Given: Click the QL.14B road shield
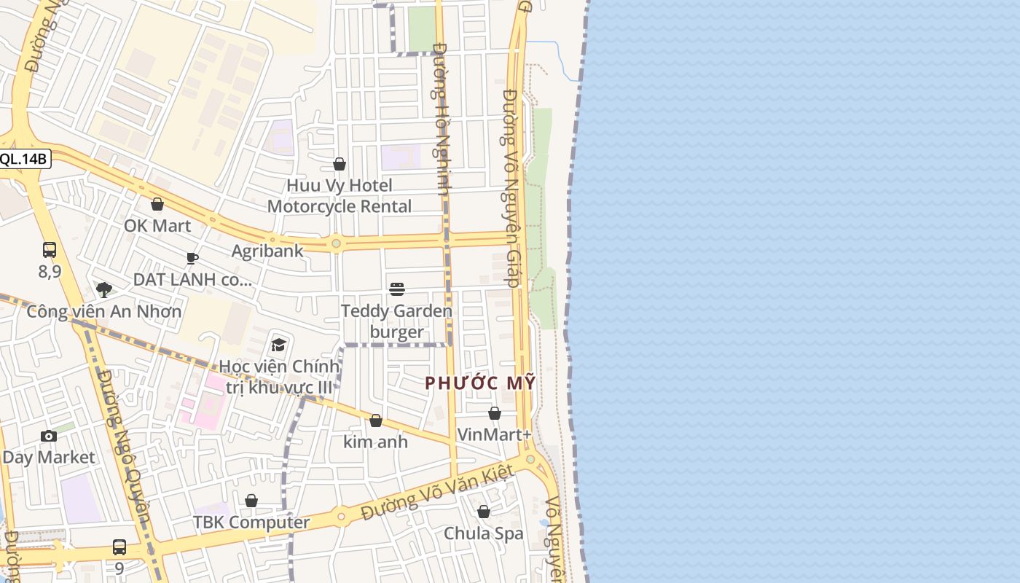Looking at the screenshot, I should pyautogui.click(x=23, y=160).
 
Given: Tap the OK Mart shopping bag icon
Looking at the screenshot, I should pyautogui.click(x=157, y=205).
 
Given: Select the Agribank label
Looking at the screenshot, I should pyautogui.click(x=267, y=251).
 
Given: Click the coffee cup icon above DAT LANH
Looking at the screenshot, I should pyautogui.click(x=192, y=258).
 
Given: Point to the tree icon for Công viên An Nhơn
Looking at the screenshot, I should pyautogui.click(x=104, y=290).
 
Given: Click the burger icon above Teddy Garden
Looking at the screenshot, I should pyautogui.click(x=397, y=289).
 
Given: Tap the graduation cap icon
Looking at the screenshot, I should pyautogui.click(x=278, y=345).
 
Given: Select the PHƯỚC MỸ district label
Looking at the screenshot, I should pyautogui.click(x=480, y=383).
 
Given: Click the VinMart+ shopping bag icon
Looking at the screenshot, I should pyautogui.click(x=495, y=414).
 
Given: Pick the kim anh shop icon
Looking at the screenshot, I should pyautogui.click(x=376, y=421).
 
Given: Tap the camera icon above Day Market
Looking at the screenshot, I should pyautogui.click(x=49, y=437).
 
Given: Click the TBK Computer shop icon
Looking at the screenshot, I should pyautogui.click(x=251, y=501).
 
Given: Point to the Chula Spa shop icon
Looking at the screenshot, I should pyautogui.click(x=484, y=512).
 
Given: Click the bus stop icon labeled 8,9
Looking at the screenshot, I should pyautogui.click(x=50, y=251).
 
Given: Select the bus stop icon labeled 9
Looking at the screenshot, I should pyautogui.click(x=119, y=547).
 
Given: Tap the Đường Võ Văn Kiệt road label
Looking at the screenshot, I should pyautogui.click(x=439, y=493).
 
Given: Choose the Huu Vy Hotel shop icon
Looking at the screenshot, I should pyautogui.click(x=340, y=165).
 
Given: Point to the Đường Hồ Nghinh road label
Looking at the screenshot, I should pyautogui.click(x=442, y=118).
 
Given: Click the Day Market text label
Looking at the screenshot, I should pyautogui.click(x=49, y=458).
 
